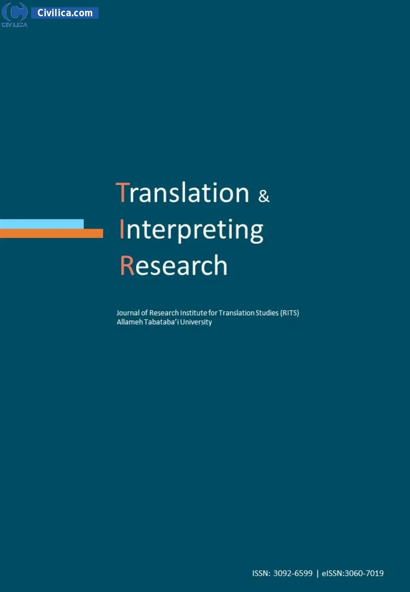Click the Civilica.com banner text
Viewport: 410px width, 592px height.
[x=65, y=13]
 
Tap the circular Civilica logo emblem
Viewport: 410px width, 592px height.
[x=14, y=12]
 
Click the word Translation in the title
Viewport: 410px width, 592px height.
[x=183, y=192]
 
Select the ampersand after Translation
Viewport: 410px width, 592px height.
[x=264, y=196]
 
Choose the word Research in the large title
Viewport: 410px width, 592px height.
[x=174, y=265]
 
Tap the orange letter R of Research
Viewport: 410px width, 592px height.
[x=127, y=265]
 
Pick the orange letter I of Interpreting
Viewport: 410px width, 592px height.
[x=122, y=229]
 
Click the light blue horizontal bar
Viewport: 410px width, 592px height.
[x=42, y=224]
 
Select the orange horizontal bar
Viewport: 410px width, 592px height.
[x=51, y=233]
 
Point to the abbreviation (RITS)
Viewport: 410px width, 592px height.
[x=289, y=313]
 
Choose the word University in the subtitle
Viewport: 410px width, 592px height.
[x=196, y=322]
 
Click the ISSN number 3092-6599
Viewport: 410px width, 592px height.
[x=293, y=573]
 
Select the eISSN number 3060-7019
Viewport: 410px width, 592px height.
[x=364, y=573]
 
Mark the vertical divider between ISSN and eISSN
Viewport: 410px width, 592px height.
[x=317, y=573]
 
